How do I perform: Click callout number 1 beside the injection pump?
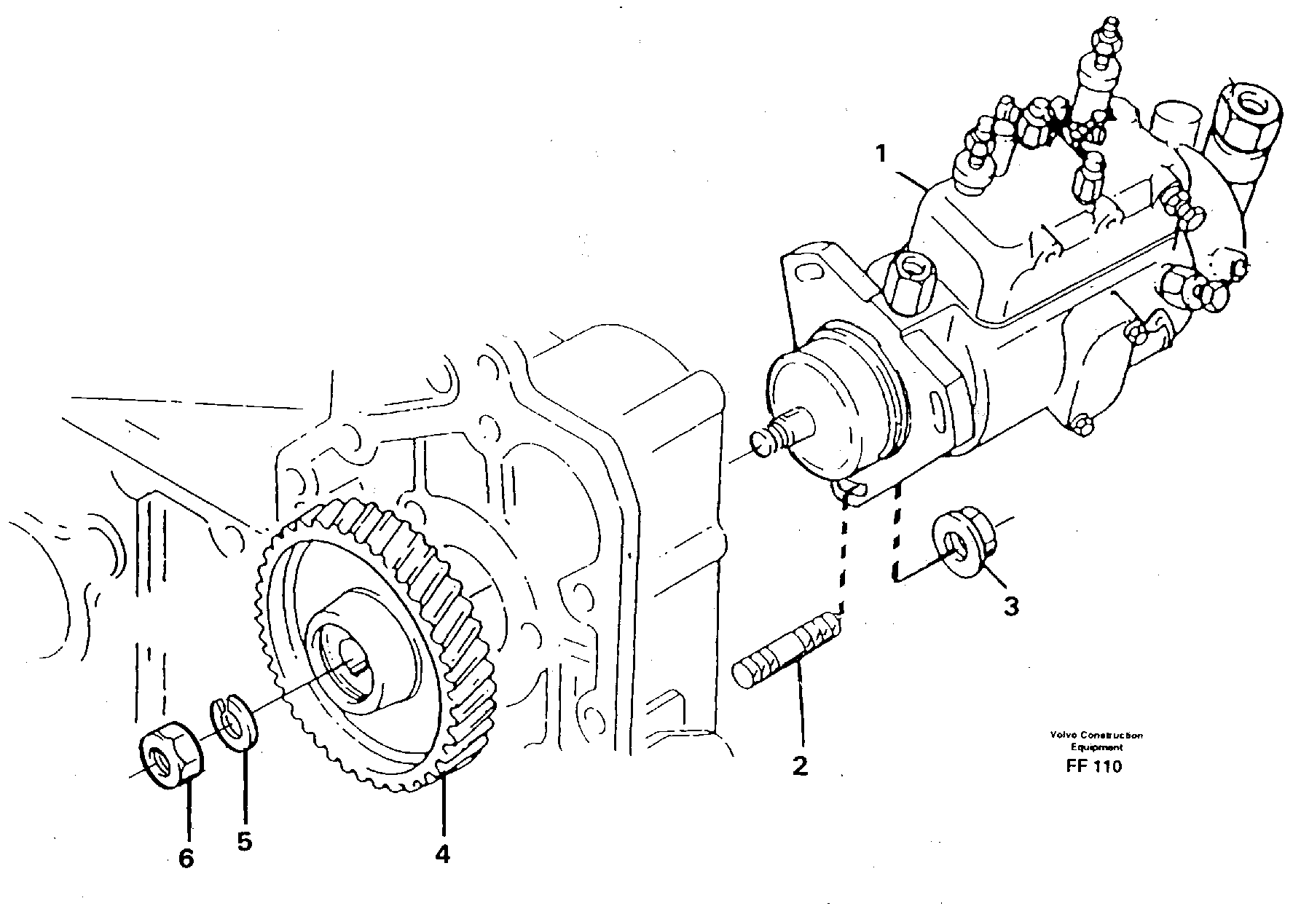pyautogui.click(x=881, y=154)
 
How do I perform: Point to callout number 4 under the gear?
pyautogui.click(x=442, y=853)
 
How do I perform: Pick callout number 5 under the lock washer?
pyautogui.click(x=244, y=841)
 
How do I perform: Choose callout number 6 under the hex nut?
pyautogui.click(x=186, y=859)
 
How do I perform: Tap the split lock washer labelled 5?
pyautogui.click(x=232, y=722)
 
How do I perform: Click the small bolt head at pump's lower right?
pyautogui.click(x=1083, y=425)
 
